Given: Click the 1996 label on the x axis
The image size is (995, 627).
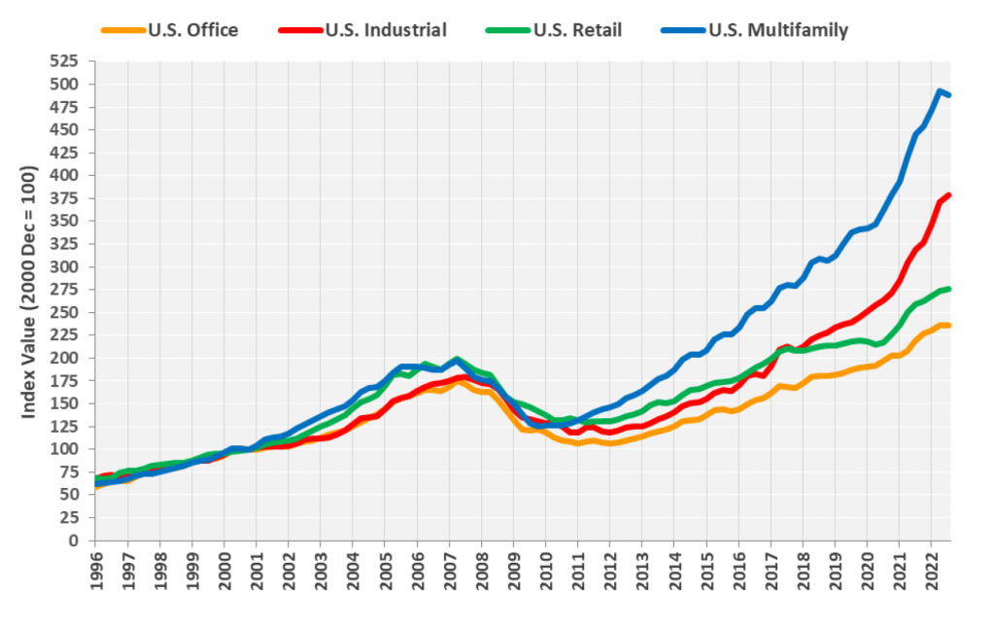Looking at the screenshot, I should point(95,573).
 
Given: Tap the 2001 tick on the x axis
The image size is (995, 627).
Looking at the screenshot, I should point(256,573).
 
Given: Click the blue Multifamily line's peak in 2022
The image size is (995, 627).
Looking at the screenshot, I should point(940,91).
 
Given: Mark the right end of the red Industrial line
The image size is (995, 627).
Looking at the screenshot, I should point(949,194).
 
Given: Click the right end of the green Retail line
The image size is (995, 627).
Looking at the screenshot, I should point(949,289).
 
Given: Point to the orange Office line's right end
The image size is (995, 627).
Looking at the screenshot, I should point(949,326).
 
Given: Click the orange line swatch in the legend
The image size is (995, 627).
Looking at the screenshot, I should point(121,30).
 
